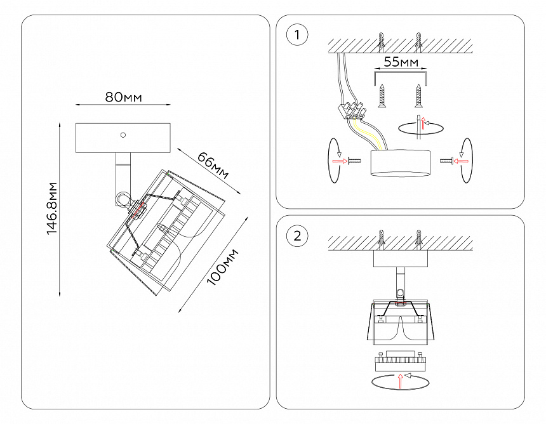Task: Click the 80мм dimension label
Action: [x=123, y=97]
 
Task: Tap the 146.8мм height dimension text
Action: [x=53, y=209]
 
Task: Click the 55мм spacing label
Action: [x=401, y=62]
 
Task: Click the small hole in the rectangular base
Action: [x=123, y=135]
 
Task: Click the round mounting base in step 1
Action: [x=401, y=164]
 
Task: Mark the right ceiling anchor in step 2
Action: [x=418, y=241]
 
